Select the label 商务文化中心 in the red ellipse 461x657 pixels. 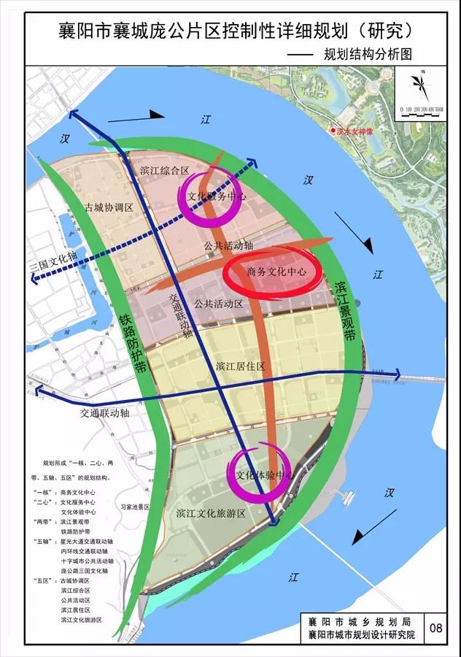coord(274,272)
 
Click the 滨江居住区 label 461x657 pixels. coord(240,366)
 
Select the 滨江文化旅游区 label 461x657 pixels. coord(211,514)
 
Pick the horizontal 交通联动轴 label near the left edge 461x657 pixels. coord(105,412)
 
